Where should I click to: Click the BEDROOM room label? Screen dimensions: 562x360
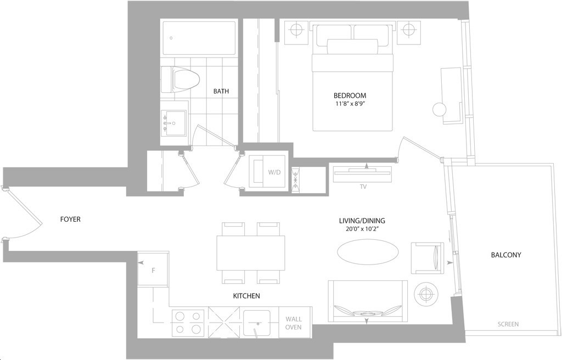pyautogui.click(x=350, y=95)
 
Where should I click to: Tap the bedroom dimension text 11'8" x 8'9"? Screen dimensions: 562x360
pyautogui.click(x=350, y=104)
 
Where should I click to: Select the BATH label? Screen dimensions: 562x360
pyautogui.click(x=221, y=91)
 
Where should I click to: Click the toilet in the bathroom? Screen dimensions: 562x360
pyautogui.click(x=180, y=80)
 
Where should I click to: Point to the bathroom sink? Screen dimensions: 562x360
pyautogui.click(x=173, y=123)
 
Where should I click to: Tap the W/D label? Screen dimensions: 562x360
pyautogui.click(x=274, y=172)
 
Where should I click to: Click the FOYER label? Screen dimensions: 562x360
pyautogui.click(x=70, y=219)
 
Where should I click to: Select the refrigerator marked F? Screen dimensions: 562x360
pyautogui.click(x=154, y=268)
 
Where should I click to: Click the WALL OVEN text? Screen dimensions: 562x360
pyautogui.click(x=294, y=323)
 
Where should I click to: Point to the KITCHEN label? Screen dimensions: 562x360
pyautogui.click(x=246, y=296)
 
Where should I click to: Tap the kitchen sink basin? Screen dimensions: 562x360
pyautogui.click(x=257, y=323)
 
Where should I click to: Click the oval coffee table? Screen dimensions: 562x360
pyautogui.click(x=368, y=251)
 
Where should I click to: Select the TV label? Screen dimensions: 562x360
pyautogui.click(x=363, y=187)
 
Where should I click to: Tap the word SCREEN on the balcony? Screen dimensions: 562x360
pyautogui.click(x=508, y=324)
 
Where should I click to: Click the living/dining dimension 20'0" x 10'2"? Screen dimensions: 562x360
pyautogui.click(x=362, y=229)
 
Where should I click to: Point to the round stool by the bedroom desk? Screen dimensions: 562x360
pyautogui.click(x=440, y=109)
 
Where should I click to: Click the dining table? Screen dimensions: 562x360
pyautogui.click(x=251, y=253)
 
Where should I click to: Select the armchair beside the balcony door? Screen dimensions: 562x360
pyautogui.click(x=428, y=258)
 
